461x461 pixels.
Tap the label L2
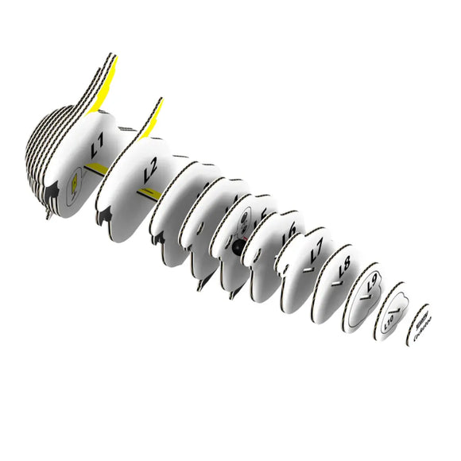[150, 172]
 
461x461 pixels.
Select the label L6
[289, 231]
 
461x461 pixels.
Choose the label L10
[389, 323]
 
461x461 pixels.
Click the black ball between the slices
[237, 248]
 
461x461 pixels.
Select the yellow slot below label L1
[96, 169]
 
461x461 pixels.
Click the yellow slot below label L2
[148, 193]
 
